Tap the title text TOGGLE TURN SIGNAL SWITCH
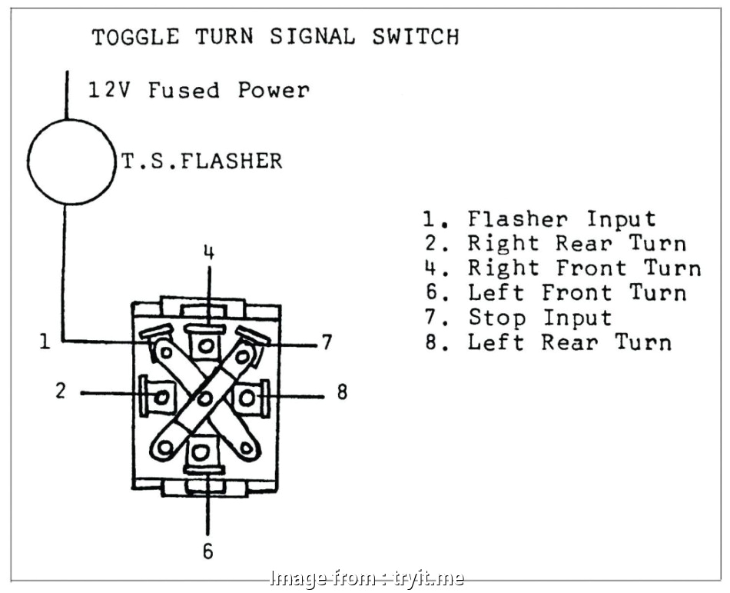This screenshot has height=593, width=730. click(275, 36)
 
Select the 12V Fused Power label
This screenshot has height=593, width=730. click(199, 90)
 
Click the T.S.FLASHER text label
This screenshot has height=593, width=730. click(202, 161)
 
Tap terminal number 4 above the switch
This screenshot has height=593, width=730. click(209, 252)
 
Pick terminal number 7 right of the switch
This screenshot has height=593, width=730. click(327, 342)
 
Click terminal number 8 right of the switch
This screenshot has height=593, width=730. click(342, 392)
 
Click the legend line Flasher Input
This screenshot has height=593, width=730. click(539, 219)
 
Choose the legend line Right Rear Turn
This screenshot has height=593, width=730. click(554, 244)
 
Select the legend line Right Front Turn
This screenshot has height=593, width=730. click(562, 268)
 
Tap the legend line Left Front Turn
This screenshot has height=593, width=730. click(554, 293)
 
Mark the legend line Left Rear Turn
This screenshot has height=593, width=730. click(547, 342)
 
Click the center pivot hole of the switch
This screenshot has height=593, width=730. click(204, 398)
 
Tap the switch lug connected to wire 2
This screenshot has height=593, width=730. click(160, 397)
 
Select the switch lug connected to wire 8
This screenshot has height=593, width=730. click(247, 397)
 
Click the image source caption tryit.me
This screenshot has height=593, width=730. click(364, 578)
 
